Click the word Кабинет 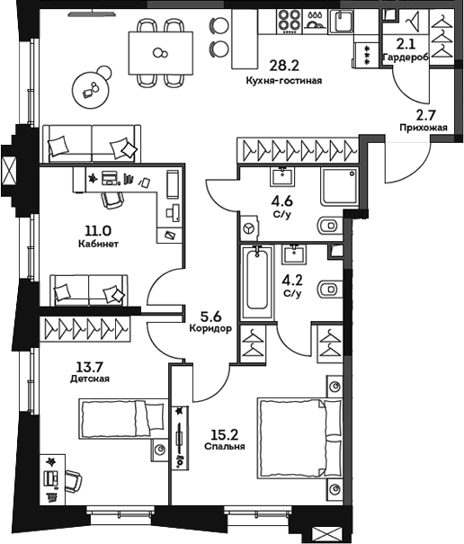[x=98, y=244]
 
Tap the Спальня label [x=221, y=445]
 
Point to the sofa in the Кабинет [x=87, y=290]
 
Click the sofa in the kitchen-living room [x=90, y=142]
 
